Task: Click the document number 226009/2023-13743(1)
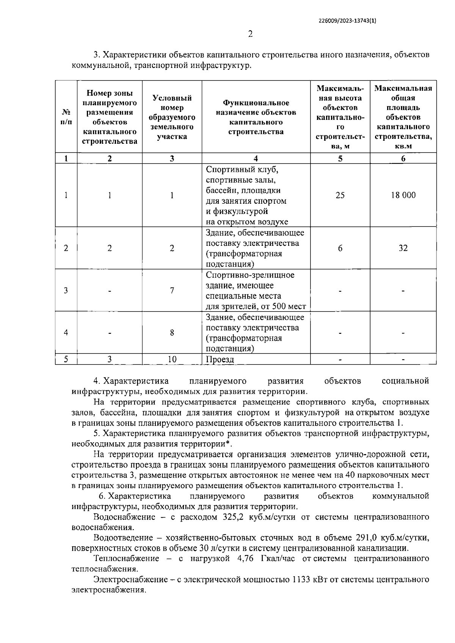point(348,22)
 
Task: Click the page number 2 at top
point(250,35)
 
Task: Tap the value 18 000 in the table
point(403,195)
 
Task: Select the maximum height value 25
point(340,195)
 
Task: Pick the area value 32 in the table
point(403,248)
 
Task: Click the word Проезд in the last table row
point(220,359)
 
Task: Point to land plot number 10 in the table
point(172,359)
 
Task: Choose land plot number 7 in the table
point(172,291)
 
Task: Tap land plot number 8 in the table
point(172,333)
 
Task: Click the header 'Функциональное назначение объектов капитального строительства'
point(256,117)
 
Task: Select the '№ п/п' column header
point(66,117)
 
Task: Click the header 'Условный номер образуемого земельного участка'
point(172,117)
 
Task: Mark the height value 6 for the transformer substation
point(340,248)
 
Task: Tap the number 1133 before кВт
point(301,580)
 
